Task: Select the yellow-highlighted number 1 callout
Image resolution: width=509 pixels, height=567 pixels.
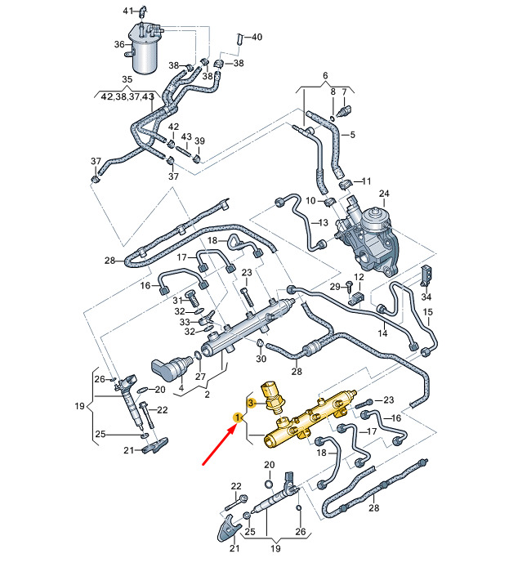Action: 238,417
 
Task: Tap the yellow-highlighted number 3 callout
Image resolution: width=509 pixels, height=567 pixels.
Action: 252,403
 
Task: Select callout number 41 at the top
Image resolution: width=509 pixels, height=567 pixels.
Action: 127,11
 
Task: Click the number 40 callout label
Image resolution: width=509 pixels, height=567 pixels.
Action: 257,37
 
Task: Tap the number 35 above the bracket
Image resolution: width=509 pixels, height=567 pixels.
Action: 127,79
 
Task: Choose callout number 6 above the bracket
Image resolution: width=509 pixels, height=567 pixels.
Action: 324,75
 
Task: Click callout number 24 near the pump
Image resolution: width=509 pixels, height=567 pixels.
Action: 383,194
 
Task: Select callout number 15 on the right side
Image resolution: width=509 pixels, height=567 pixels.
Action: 427,313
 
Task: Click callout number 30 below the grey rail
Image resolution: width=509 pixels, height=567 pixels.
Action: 261,359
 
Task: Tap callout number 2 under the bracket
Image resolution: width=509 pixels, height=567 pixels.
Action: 208,395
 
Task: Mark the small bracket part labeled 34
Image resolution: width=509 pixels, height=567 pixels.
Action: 426,275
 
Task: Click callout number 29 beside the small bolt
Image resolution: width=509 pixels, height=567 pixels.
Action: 334,287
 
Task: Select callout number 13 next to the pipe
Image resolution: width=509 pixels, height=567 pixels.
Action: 323,222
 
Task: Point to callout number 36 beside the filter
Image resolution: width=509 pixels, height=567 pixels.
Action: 120,45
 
